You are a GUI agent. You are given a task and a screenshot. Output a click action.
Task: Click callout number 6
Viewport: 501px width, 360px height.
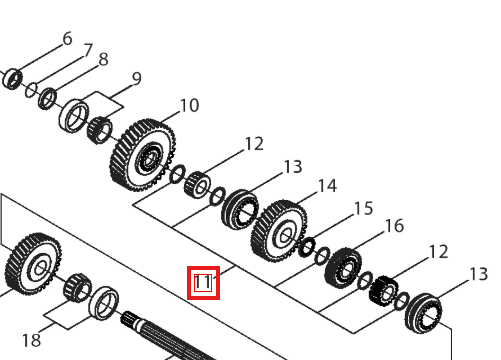67,39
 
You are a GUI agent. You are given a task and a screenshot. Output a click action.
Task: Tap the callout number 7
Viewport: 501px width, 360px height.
88,50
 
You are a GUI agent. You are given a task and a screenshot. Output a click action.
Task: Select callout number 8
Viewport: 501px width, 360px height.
104,59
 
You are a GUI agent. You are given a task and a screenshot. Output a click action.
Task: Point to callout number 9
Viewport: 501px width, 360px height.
137,79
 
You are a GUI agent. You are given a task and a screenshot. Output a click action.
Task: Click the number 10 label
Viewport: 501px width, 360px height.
189,106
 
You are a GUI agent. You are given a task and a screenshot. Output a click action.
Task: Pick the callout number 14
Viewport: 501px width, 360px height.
327,186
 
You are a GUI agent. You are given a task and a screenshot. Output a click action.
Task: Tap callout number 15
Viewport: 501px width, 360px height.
363,209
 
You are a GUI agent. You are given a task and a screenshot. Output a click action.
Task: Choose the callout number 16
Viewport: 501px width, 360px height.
394,226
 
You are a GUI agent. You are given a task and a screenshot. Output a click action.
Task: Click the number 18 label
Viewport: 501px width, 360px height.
31,340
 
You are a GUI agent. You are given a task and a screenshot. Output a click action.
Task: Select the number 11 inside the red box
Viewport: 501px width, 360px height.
203,282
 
